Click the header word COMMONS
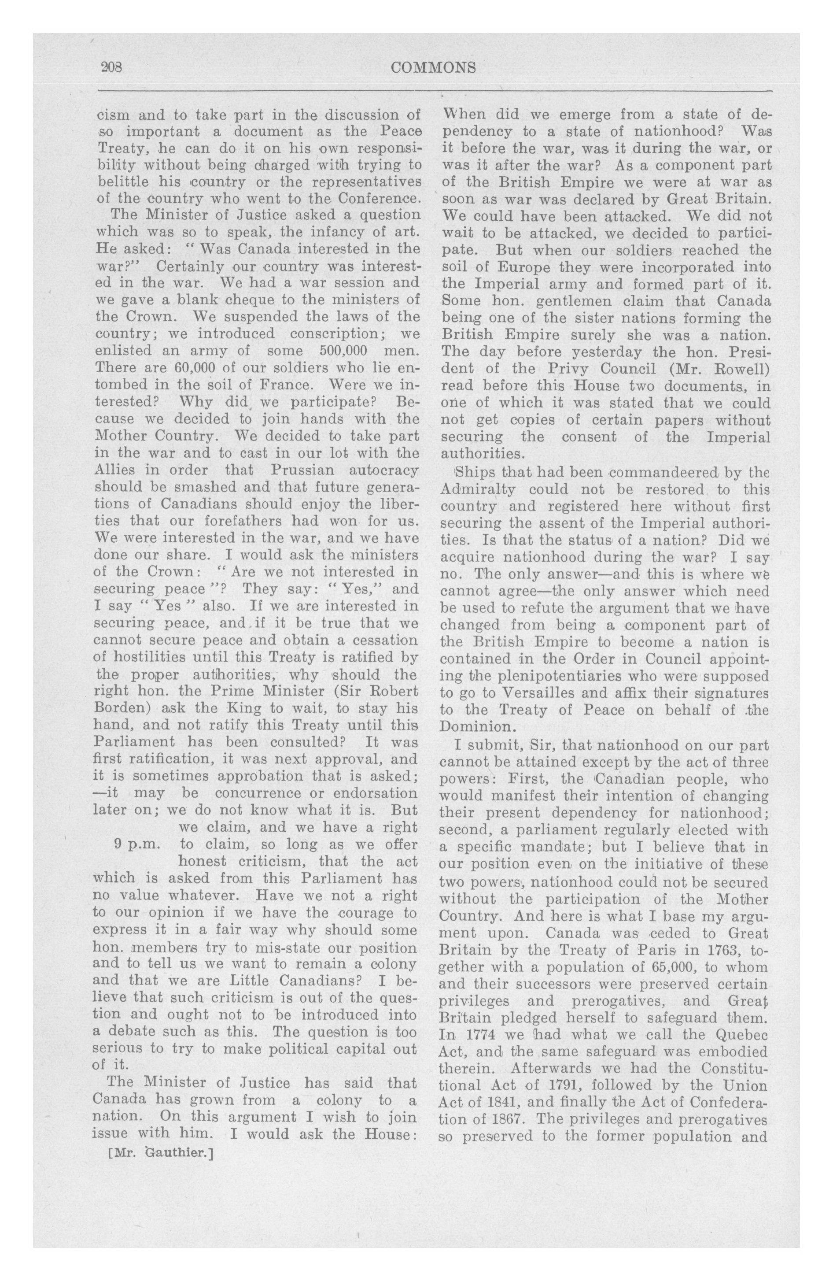(x=434, y=68)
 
